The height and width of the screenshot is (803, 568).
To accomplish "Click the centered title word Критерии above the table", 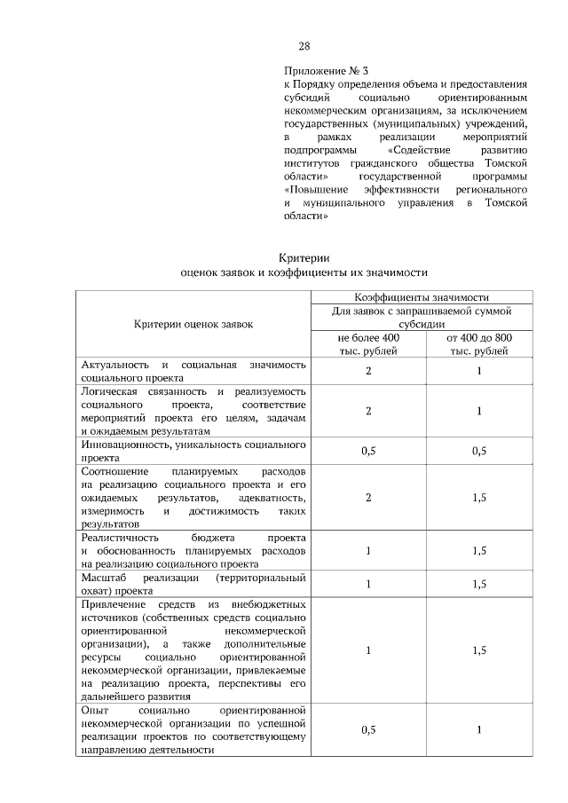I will coord(304,258).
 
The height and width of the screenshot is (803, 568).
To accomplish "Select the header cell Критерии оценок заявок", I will coord(193,324).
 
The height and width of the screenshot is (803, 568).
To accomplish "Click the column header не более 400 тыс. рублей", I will coord(368,344).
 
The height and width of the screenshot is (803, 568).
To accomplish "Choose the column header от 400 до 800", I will coord(478,338).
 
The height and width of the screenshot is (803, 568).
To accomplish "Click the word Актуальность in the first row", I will coord(114,365).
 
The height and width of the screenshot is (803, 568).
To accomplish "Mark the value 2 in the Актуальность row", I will coord(368,371).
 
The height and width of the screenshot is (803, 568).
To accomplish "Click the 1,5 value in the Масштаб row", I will coord(478,583).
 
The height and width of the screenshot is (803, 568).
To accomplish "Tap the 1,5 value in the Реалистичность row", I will coord(478,550).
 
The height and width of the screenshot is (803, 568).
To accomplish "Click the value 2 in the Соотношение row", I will coord(368,497).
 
